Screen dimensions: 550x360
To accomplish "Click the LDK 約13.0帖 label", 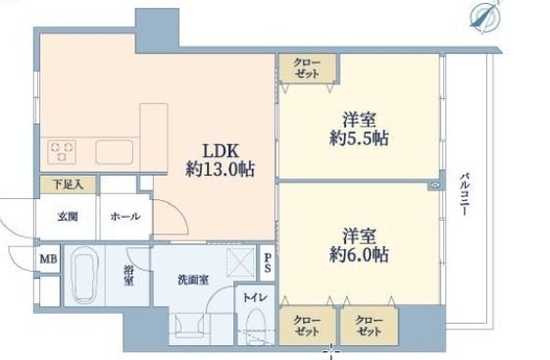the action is (x=221, y=160).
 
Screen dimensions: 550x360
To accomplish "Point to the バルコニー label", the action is (x=465, y=194).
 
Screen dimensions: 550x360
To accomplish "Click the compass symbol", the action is (x=485, y=17).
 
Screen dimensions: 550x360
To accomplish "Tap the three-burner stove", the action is (x=62, y=152).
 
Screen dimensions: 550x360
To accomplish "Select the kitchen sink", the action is (x=115, y=152).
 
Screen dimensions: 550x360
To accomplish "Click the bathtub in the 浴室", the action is (x=84, y=276).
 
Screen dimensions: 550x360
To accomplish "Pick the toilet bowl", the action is (x=255, y=326).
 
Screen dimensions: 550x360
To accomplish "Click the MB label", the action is (x=48, y=259).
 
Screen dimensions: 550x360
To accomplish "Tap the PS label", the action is (x=268, y=263).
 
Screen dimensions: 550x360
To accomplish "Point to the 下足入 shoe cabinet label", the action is (x=68, y=184).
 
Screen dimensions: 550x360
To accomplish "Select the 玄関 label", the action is (x=68, y=217).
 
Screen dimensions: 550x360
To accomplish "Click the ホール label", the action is (x=125, y=217).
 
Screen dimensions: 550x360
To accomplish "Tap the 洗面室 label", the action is (x=193, y=280).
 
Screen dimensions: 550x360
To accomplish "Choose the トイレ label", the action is (x=255, y=297).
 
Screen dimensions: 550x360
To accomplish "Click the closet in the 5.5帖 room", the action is (x=308, y=68).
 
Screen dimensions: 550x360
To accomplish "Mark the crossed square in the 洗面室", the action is (x=240, y=262).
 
